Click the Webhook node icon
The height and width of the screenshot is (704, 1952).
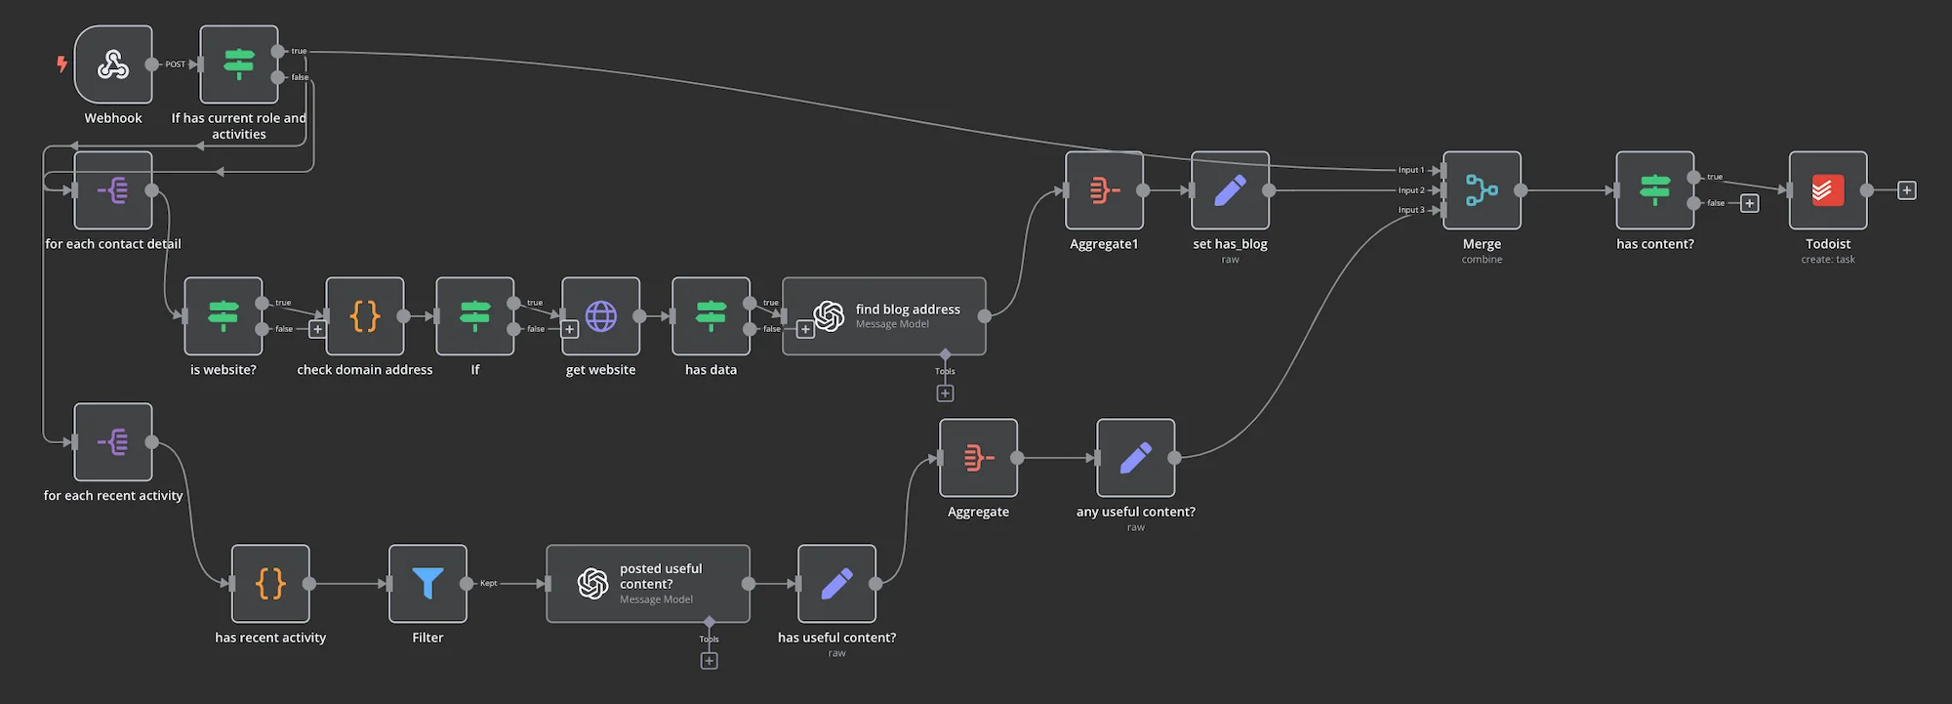coord(113,64)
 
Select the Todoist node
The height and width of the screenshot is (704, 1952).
coord(1828,190)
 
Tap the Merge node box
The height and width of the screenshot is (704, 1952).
coord(1482,190)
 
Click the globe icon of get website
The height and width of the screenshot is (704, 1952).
coord(600,316)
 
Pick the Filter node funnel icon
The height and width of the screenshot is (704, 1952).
coord(427,583)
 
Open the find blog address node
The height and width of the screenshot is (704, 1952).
coord(884,316)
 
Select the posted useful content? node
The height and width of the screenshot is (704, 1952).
coord(648,584)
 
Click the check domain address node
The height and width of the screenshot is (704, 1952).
coord(365,316)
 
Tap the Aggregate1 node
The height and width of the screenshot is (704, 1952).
coord(1104,190)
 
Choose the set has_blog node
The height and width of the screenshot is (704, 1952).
coord(1230,190)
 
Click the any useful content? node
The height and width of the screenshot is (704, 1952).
coord(1136,458)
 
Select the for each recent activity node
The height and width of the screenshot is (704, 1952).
coord(113,442)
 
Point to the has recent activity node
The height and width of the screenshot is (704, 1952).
coord(270,584)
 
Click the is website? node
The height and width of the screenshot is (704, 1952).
coord(224,316)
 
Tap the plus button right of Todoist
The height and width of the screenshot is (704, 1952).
coord(1907,190)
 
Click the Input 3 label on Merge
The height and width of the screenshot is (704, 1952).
coord(1411,210)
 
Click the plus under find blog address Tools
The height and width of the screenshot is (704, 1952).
coord(945,393)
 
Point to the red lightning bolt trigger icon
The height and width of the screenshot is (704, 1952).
coord(61,64)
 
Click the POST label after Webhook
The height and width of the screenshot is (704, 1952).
coord(175,64)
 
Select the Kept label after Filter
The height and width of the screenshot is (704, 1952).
coord(488,583)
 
